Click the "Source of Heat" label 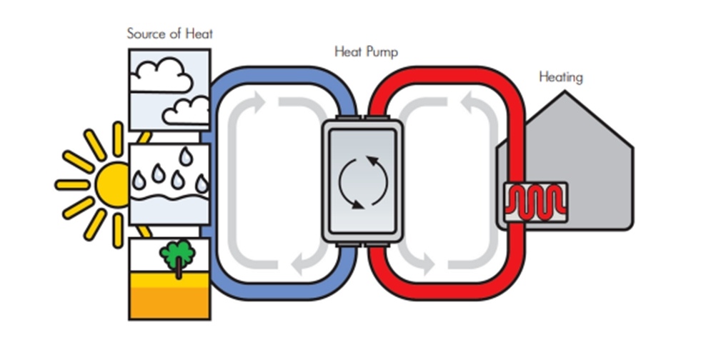click(x=169, y=34)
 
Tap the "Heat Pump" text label click(x=367, y=51)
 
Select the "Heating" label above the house click(x=561, y=76)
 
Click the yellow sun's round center click(x=113, y=185)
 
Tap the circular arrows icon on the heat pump click(x=363, y=183)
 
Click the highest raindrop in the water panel click(x=185, y=156)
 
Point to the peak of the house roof click(x=565, y=92)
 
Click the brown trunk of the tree click(x=179, y=269)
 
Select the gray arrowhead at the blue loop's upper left click(x=259, y=102)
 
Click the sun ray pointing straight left click(x=73, y=185)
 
